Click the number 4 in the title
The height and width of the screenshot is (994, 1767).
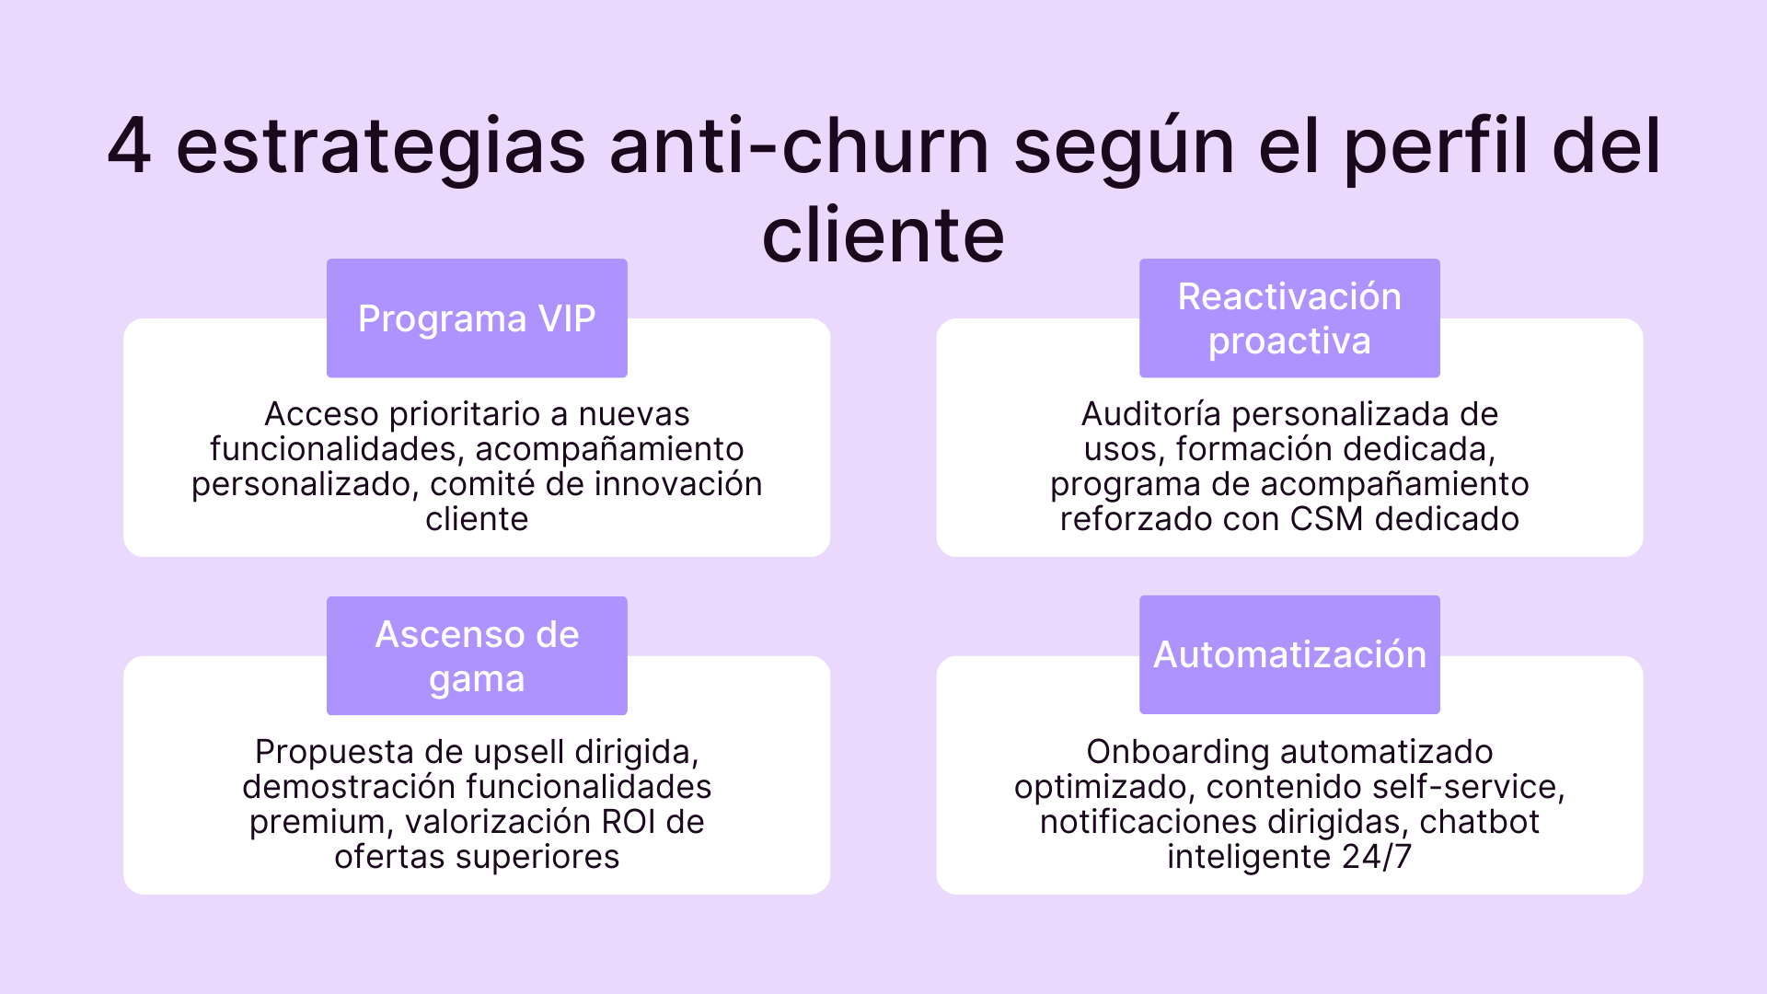(129, 147)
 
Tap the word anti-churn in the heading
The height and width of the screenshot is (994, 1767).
(799, 147)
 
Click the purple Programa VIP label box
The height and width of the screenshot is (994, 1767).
(477, 318)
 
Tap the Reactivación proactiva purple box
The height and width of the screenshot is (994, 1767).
(1289, 318)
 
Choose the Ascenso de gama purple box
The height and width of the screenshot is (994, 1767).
(477, 655)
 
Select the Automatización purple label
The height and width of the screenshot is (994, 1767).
(1289, 654)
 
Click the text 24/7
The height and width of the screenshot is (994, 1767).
(1377, 857)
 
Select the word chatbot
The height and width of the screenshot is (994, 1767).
(1479, 822)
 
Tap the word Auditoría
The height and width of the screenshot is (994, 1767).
(1151, 414)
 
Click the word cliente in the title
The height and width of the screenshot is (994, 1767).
(883, 236)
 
